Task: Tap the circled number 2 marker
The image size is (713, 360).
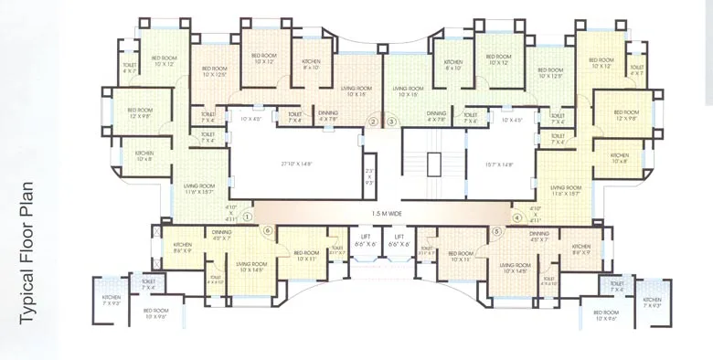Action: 373,122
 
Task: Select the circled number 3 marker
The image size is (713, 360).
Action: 391,122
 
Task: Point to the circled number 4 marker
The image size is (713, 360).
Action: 517,217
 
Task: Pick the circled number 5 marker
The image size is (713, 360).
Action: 497,232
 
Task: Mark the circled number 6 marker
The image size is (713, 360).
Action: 268,232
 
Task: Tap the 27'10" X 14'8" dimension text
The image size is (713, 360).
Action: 297,164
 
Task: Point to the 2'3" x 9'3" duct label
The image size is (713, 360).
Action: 369,175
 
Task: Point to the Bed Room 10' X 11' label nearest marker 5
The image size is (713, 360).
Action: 460,256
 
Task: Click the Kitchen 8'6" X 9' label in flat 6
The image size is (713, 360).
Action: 183,248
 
